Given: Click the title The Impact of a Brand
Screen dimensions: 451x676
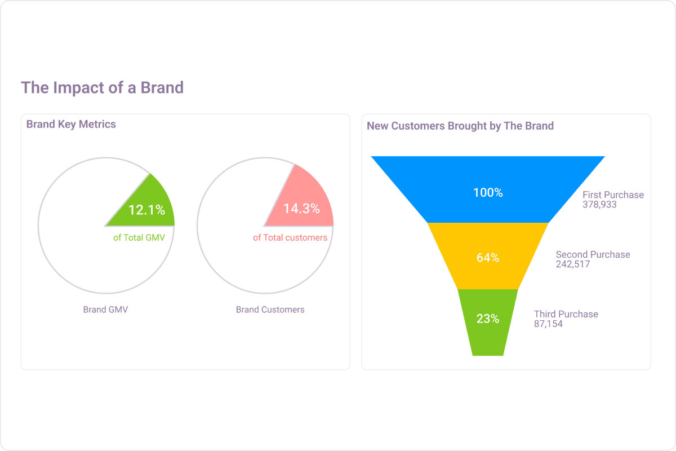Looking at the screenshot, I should pyautogui.click(x=102, y=88).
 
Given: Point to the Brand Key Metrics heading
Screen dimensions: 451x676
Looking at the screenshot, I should pyautogui.click(x=71, y=124).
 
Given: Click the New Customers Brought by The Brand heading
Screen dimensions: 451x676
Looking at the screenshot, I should pyautogui.click(x=460, y=126).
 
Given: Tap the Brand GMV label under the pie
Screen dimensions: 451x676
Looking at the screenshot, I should pyautogui.click(x=105, y=309).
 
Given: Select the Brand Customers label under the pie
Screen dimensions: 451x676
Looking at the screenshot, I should pyautogui.click(x=270, y=309).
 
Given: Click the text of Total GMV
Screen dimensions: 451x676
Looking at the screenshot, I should pyautogui.click(x=139, y=238).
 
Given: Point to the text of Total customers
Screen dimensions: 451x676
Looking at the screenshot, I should pyautogui.click(x=290, y=238).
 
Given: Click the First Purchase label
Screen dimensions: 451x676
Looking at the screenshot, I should pyautogui.click(x=613, y=194).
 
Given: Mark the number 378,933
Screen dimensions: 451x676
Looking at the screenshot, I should pyautogui.click(x=599, y=205).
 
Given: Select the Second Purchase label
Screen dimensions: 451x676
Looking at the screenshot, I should pyautogui.click(x=593, y=254).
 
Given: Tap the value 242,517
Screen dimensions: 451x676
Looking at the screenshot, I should pyautogui.click(x=572, y=264).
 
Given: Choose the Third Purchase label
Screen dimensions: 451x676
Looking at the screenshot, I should pyautogui.click(x=566, y=314).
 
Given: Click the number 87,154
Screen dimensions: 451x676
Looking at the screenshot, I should pyautogui.click(x=548, y=324).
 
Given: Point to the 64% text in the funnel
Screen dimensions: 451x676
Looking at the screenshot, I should pyautogui.click(x=488, y=258).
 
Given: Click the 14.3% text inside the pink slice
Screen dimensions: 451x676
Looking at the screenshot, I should pyautogui.click(x=301, y=209).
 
